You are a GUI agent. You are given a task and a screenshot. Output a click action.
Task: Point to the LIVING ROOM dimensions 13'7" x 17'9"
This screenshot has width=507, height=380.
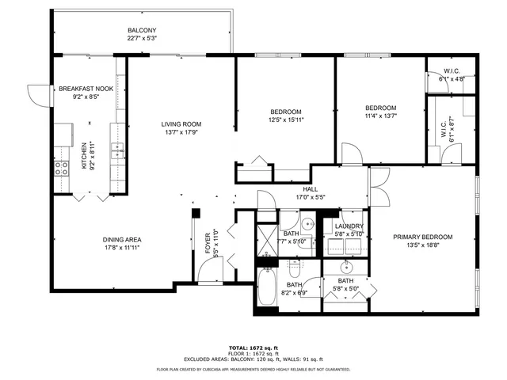[x=181, y=133]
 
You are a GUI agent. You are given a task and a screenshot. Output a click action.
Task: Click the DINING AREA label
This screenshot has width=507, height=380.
[x=121, y=240]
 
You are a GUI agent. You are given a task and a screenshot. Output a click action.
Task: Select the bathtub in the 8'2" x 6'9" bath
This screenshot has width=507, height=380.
[x=266, y=292]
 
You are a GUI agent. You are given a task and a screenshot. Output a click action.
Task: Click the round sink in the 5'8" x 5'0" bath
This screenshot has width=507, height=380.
[x=346, y=265]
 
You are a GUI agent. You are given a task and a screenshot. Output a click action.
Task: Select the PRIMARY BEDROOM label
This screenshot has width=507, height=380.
[x=423, y=237]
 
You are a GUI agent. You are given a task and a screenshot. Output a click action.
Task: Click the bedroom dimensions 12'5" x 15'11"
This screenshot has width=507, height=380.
[x=285, y=120]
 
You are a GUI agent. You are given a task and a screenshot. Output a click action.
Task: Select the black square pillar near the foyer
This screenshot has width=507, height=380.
[x=196, y=212]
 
